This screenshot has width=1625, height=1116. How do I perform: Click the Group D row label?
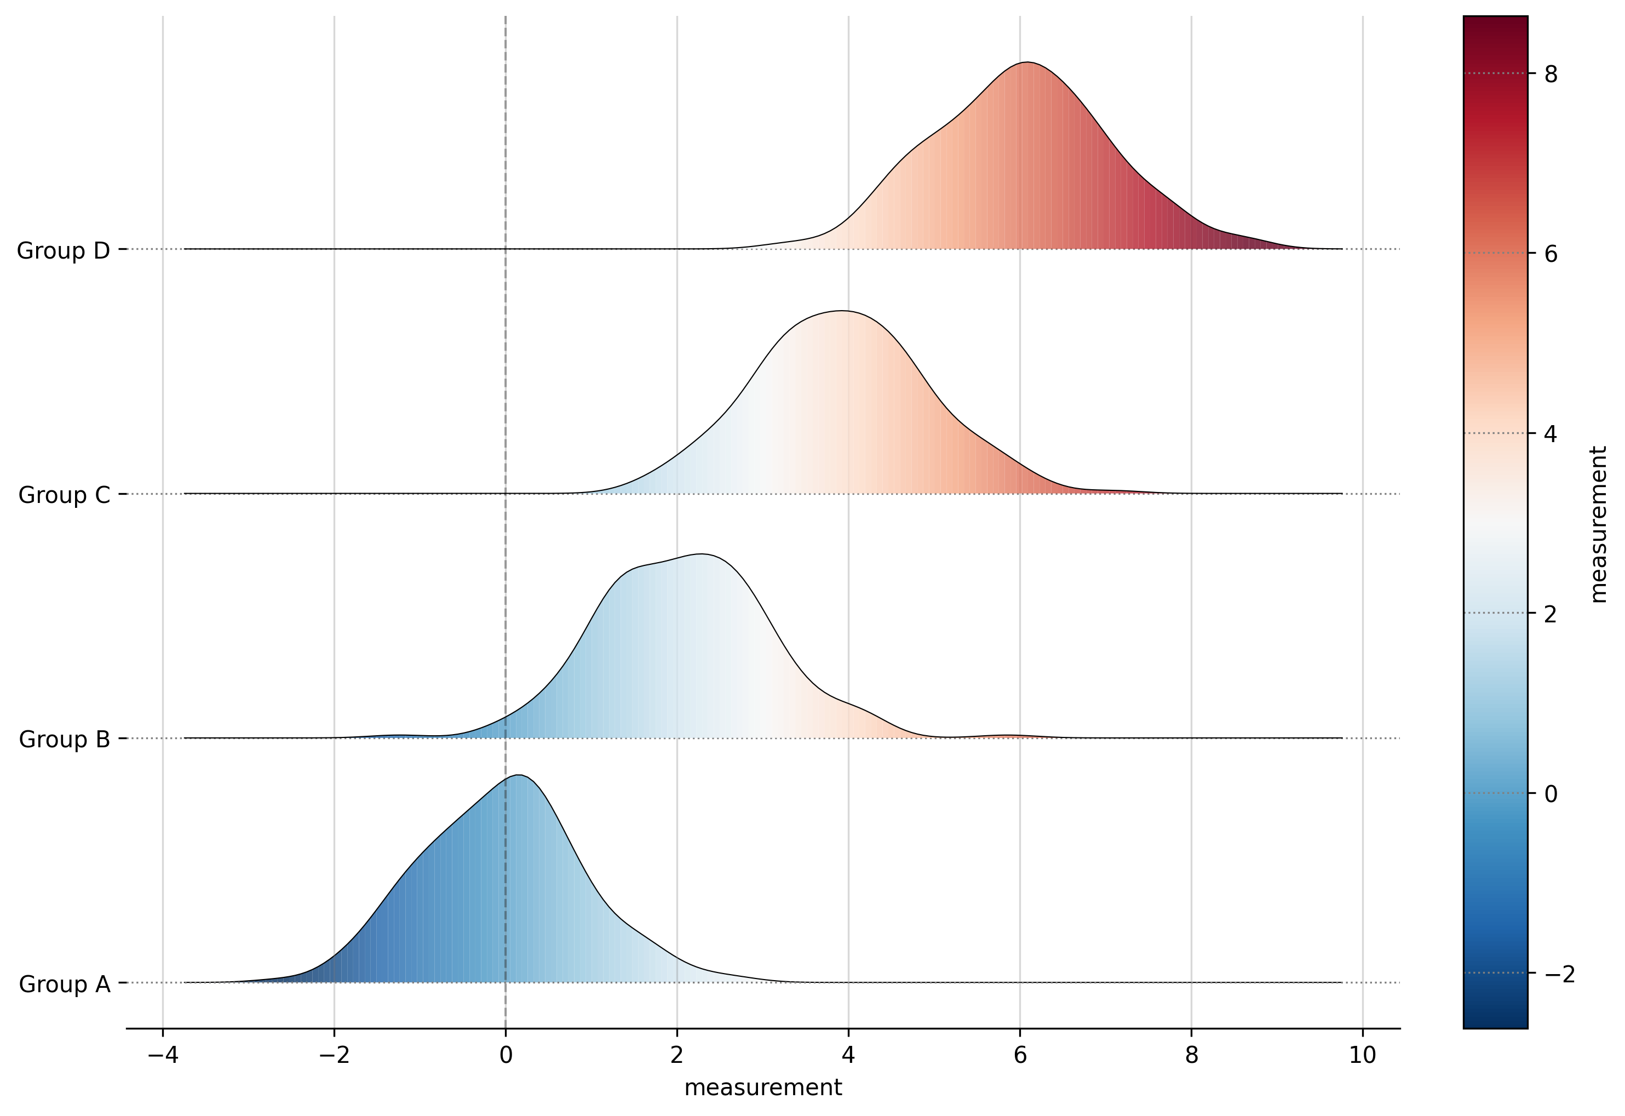(63, 251)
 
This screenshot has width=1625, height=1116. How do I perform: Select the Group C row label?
(64, 496)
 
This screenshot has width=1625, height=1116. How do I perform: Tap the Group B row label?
(64, 740)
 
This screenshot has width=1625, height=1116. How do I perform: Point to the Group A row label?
(64, 985)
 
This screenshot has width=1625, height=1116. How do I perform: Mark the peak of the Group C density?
(842, 311)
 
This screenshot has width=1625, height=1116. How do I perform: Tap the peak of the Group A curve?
(518, 775)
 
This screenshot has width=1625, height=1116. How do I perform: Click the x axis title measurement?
(763, 1088)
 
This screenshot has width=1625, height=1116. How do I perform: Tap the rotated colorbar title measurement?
(1598, 524)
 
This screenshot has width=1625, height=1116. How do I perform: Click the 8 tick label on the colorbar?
(1551, 74)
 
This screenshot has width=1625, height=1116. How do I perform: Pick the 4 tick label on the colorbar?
(1551, 434)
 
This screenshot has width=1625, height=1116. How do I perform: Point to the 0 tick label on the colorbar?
(1551, 794)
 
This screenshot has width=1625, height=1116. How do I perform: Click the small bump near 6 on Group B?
(1007, 736)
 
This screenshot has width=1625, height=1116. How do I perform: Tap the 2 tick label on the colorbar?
(1551, 615)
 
